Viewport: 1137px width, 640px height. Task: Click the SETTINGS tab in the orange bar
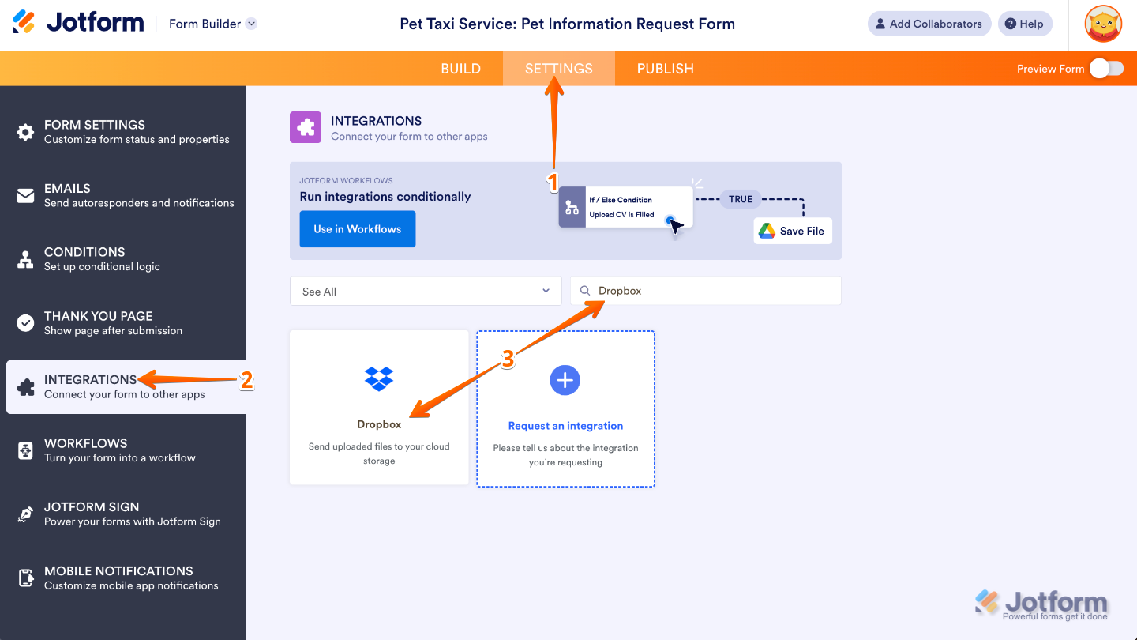point(558,69)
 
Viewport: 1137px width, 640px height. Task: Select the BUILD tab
point(460,69)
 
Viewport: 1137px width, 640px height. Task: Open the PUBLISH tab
point(665,69)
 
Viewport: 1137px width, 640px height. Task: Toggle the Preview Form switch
point(1105,69)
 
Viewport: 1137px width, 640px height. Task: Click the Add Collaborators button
point(929,24)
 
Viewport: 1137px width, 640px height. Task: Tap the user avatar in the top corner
point(1103,24)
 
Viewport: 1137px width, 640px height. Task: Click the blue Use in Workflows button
point(357,229)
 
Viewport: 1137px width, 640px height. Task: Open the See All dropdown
point(426,291)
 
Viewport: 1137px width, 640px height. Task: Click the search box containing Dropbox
point(705,291)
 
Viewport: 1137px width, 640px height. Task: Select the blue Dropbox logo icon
point(379,378)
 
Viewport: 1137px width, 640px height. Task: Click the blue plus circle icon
point(565,380)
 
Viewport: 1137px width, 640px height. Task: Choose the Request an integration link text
point(565,426)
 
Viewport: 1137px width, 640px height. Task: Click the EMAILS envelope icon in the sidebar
point(26,195)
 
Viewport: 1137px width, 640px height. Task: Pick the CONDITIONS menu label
point(84,252)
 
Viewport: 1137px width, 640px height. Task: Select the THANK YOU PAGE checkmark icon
point(26,322)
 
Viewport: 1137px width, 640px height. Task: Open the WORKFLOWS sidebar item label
point(85,443)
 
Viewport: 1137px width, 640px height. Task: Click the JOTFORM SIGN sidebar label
point(92,507)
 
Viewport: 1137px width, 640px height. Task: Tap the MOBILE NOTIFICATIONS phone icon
point(26,578)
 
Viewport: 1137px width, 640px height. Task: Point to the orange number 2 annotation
point(246,381)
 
